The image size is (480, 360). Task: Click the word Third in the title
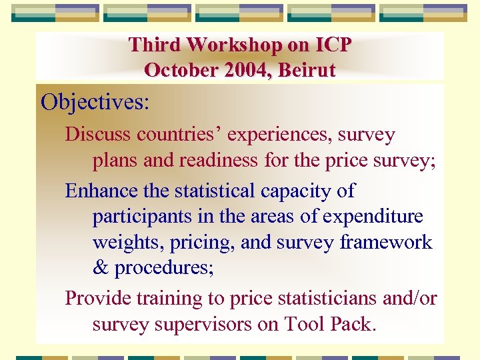point(155,45)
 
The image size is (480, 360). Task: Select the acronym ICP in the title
point(331,45)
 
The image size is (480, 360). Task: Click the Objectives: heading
point(95,103)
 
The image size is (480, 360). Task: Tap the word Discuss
point(98,135)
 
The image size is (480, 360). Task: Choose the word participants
point(139,217)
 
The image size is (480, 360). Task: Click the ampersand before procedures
point(100,268)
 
